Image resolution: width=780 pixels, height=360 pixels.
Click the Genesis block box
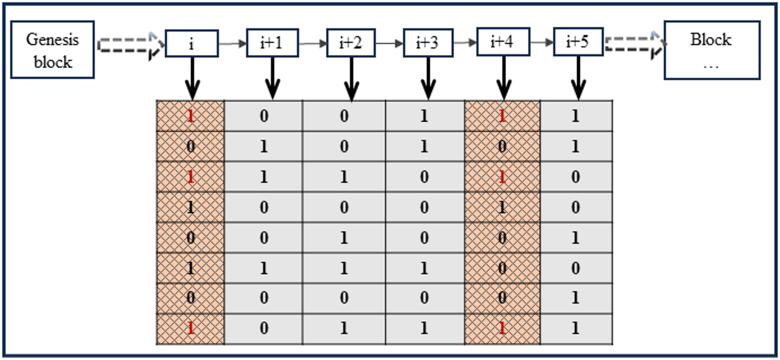coord(52,50)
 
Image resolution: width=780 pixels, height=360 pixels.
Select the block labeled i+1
coord(272,43)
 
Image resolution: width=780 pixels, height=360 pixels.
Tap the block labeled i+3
coord(428,43)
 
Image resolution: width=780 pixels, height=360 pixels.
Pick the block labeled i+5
coord(578,42)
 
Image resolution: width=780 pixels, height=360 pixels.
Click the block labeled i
coord(192,43)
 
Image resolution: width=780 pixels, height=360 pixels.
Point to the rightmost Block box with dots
coord(712,50)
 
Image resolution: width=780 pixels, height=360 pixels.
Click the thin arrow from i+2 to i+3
coord(389,43)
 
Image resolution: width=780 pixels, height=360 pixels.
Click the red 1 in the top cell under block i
coord(190,116)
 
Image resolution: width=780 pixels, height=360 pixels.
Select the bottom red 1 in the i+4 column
coord(502,329)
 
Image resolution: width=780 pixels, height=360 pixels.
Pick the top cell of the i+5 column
coord(576,116)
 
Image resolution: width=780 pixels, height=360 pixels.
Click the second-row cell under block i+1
coord(264,146)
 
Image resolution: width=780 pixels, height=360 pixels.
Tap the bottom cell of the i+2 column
coord(344,329)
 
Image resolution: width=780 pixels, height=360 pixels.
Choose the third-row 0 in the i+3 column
coord(424,177)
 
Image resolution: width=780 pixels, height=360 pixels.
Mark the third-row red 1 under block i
coord(190,177)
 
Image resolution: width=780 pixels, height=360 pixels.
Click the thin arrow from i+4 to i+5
coord(542,42)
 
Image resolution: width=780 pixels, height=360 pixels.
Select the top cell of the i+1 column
coord(264,116)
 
